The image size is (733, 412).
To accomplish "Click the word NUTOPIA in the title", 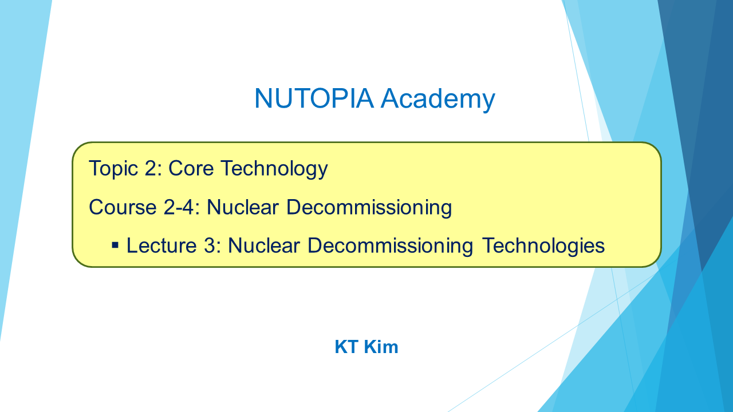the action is click(314, 98).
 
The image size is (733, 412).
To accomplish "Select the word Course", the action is click(123, 207).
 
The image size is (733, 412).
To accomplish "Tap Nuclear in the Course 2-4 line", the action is click(243, 207).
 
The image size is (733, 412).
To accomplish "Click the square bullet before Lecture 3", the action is click(115, 245).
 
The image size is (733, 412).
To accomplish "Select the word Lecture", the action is click(161, 245).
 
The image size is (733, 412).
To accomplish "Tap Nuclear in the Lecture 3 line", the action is click(264, 245).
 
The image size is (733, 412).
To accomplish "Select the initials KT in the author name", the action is click(347, 347).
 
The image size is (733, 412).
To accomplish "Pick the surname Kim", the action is click(381, 347).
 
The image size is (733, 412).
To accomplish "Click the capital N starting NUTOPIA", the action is click(263, 98).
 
